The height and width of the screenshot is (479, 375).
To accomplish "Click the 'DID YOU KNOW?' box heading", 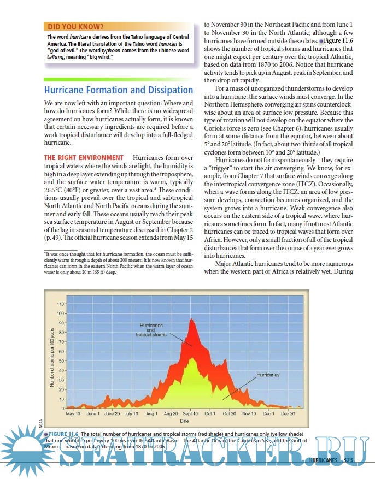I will click(x=76, y=26).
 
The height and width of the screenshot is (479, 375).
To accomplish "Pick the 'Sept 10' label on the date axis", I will click(x=191, y=415).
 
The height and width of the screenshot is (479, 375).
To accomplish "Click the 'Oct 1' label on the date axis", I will click(x=210, y=415).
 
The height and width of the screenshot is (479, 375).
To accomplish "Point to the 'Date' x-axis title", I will click(x=184, y=421).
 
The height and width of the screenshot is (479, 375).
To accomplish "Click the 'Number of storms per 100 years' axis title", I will click(x=51, y=354).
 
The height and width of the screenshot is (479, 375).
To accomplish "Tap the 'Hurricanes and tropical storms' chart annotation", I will click(x=151, y=330).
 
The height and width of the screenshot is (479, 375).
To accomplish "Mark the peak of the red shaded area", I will click(x=191, y=319).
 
